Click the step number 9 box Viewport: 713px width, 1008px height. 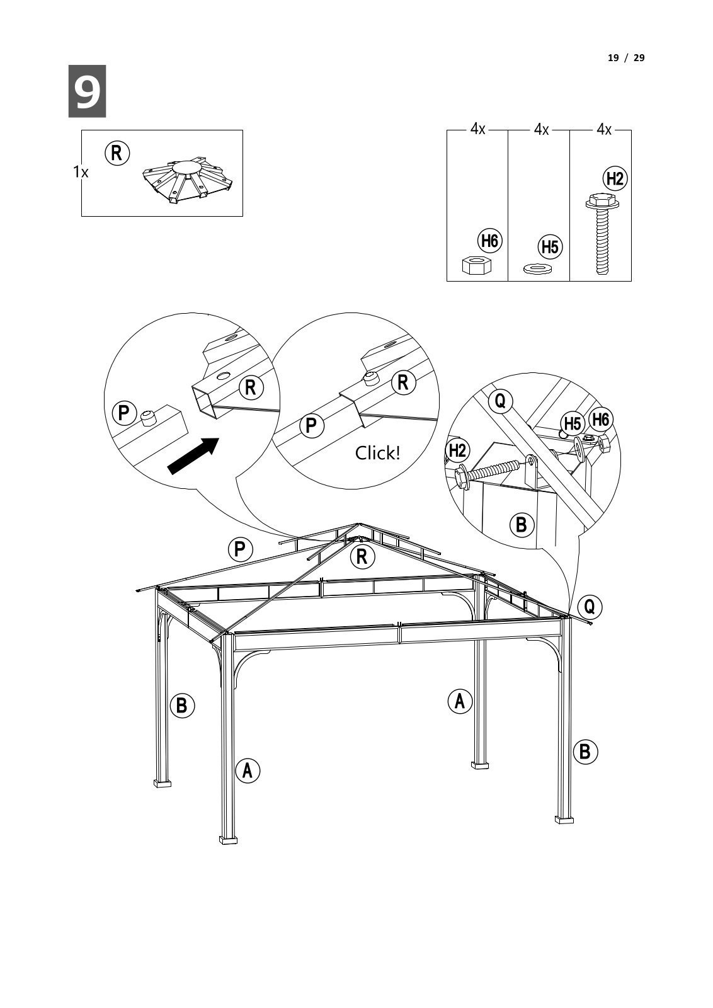click(x=87, y=91)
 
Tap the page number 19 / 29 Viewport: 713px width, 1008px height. click(x=625, y=58)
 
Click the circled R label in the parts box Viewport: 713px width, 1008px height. click(x=117, y=153)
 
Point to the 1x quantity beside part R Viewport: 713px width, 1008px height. click(x=81, y=171)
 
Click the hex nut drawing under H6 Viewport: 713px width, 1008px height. click(x=476, y=265)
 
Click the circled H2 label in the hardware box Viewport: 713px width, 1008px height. click(x=615, y=179)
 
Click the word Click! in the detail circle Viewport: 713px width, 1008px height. click(x=377, y=453)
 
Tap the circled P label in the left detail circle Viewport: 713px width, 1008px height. click(x=124, y=413)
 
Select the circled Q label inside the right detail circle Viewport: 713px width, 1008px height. click(x=500, y=401)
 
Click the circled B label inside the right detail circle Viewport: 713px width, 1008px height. click(x=521, y=524)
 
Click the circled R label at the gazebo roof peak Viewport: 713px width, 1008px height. click(x=362, y=556)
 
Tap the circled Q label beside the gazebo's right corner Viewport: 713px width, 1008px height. click(x=589, y=606)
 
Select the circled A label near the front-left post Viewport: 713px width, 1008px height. click(x=248, y=770)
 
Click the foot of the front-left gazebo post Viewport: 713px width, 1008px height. click(x=228, y=839)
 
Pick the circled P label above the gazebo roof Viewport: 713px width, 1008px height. click(x=240, y=549)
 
